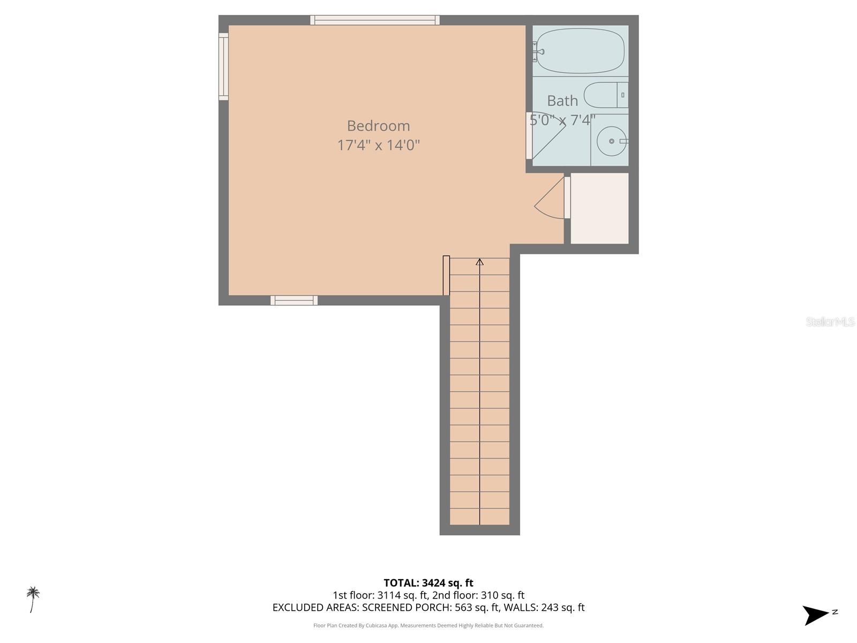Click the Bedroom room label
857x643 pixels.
pos(378,126)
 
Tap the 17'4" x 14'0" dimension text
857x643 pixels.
pos(378,145)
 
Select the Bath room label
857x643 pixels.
pos(562,101)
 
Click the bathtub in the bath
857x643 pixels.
pos(580,51)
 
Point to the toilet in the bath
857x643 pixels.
pos(605,95)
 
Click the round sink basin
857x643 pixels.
pos(611,141)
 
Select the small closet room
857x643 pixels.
pos(599,208)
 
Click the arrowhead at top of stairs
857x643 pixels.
pos(479,262)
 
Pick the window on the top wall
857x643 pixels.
pos(375,20)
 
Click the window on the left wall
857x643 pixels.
pos(223,66)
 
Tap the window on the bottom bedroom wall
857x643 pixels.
pos(294,301)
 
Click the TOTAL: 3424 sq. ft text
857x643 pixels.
pos(428,583)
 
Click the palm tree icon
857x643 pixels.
pos(33,599)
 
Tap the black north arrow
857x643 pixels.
pos(816,615)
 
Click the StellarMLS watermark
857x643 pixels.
pos(830,322)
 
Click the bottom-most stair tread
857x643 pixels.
pos(479,517)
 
